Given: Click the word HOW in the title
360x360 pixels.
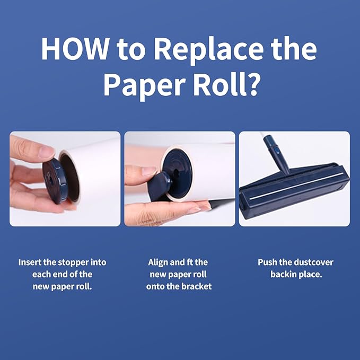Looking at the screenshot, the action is [x=75, y=49].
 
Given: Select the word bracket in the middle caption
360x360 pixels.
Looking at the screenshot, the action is [x=197, y=286].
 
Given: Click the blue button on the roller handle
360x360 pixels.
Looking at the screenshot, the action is [x=277, y=151].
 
